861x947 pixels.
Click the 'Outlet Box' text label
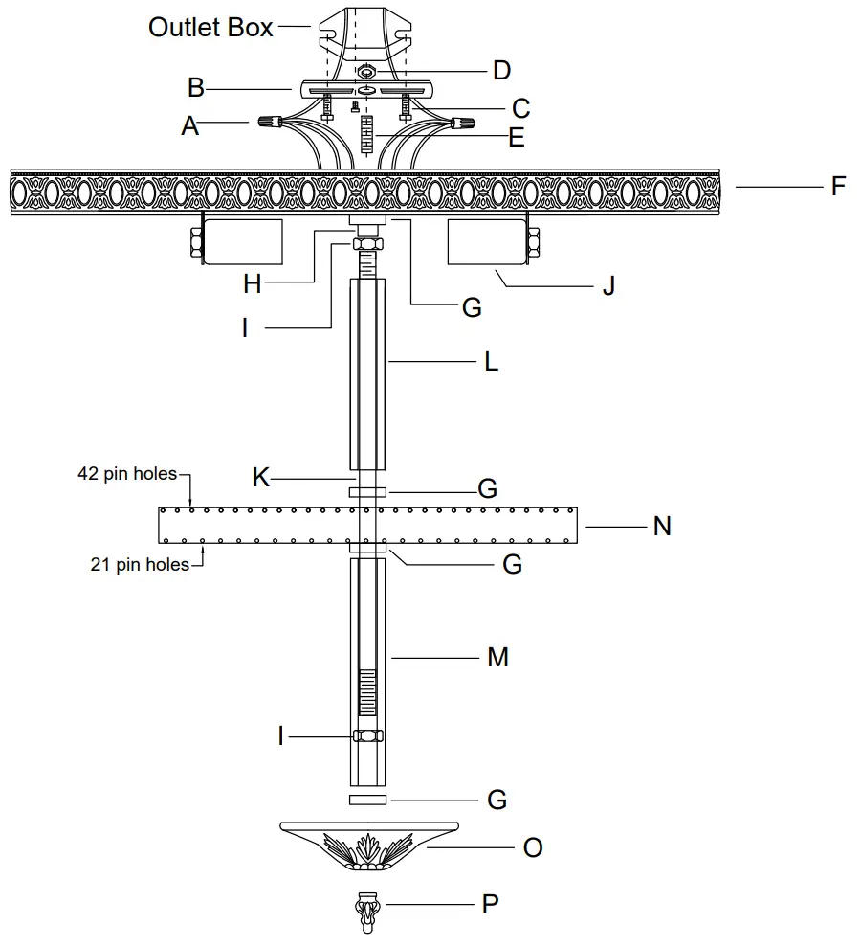pos(210,27)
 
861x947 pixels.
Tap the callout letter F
pos(838,185)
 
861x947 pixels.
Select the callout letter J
pos(608,286)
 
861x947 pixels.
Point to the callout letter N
pos(662,526)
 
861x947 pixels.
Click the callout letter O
pos(534,847)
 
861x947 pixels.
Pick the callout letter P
pos(490,904)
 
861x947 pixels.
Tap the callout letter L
pos(492,363)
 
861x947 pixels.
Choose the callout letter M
pos(497,658)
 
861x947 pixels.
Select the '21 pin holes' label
pos(140,564)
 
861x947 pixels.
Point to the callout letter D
pos(501,70)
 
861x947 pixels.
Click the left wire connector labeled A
pos(269,123)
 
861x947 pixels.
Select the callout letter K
pos(261,478)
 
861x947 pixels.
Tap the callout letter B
pos(196,88)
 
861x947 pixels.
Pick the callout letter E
pos(517,138)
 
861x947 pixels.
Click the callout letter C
pos(519,107)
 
